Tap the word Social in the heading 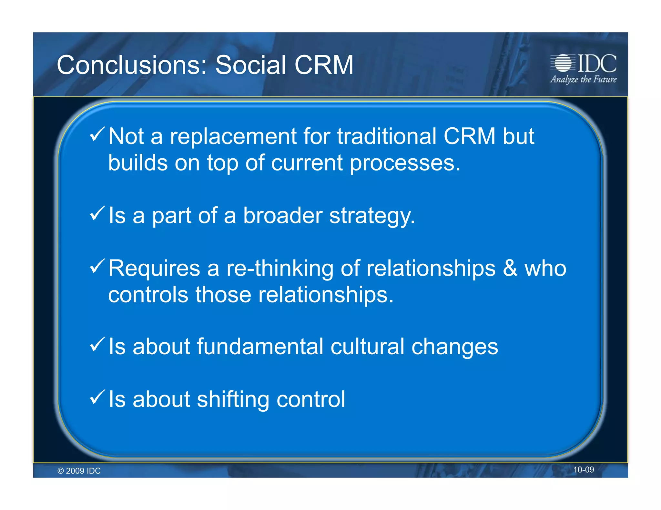(x=250, y=65)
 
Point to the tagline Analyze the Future (x=583, y=79)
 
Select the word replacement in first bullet (x=233, y=136)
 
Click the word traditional (x=387, y=136)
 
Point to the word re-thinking (x=280, y=269)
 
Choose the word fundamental (x=260, y=347)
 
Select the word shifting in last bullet (x=233, y=400)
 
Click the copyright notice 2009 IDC (x=79, y=471)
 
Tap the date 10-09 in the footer (x=583, y=470)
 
